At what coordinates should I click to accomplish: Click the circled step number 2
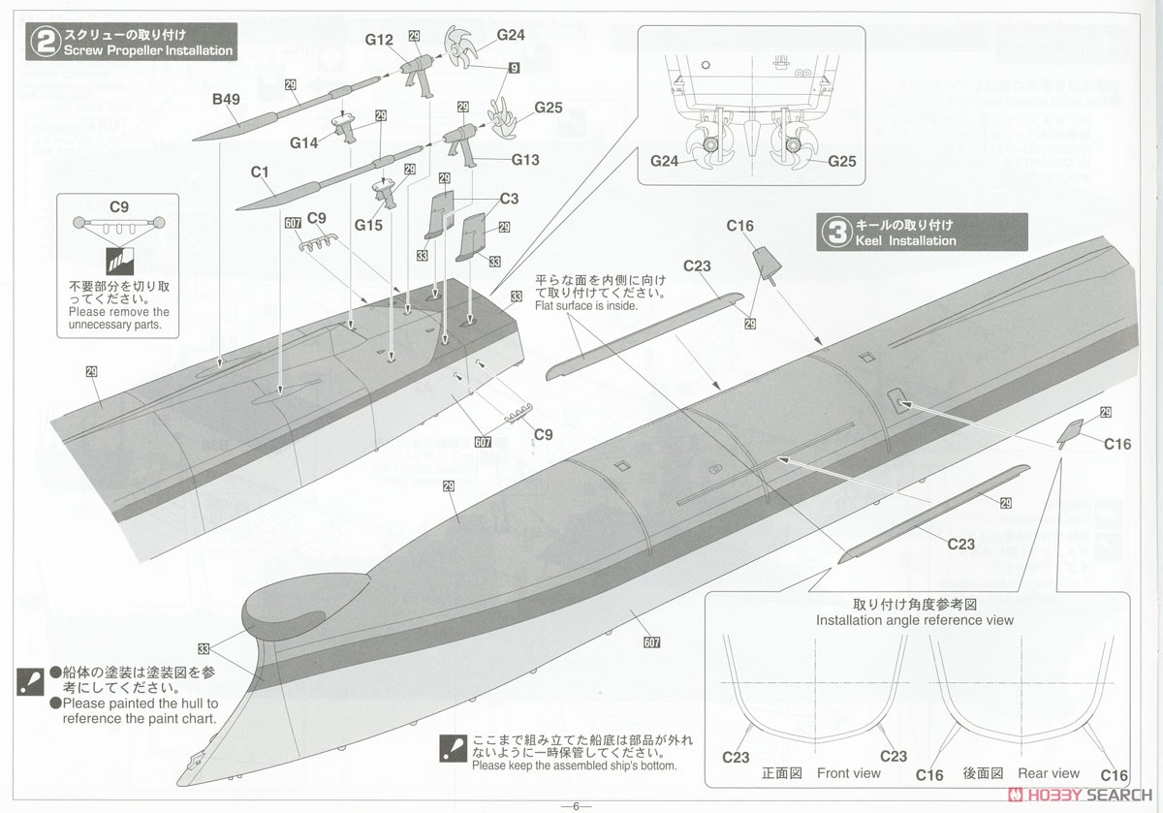[x=46, y=42]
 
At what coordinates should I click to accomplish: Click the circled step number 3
[x=836, y=232]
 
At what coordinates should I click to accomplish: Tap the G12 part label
[x=379, y=40]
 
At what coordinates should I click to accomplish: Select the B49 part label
[x=226, y=99]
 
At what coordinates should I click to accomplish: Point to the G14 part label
[x=303, y=142]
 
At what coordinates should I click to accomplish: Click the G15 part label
[x=368, y=225]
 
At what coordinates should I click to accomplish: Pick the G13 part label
[x=525, y=159]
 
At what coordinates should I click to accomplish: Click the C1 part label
[x=260, y=172]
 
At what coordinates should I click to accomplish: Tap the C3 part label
[x=509, y=199]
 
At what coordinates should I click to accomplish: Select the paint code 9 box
[x=514, y=68]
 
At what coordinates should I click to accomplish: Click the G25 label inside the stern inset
[x=841, y=161]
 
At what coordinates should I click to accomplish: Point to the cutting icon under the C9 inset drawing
[x=120, y=261]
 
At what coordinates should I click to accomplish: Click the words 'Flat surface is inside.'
[x=586, y=306]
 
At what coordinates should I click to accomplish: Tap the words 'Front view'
[x=848, y=773]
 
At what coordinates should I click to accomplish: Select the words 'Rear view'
[x=1049, y=773]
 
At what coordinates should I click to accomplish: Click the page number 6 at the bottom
[x=576, y=806]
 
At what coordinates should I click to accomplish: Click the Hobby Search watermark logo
[x=1080, y=795]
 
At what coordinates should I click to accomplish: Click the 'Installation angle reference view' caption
[x=914, y=620]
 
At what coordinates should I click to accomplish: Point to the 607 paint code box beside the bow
[x=651, y=642]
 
